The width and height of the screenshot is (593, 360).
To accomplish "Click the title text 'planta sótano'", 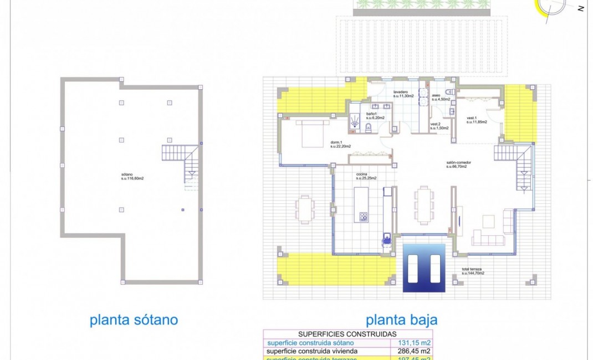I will (134, 320).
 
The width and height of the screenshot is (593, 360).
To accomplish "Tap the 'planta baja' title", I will (401, 320).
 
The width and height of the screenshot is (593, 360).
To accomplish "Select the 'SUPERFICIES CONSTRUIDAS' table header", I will (347, 334).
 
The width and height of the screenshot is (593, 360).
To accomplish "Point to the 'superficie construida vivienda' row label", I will (313, 351).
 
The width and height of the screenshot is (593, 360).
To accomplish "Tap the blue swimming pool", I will (424, 268).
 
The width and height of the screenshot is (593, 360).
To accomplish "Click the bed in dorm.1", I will (315, 133).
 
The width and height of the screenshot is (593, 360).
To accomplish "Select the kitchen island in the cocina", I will (361, 204).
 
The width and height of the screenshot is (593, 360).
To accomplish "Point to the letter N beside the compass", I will (580, 8).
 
